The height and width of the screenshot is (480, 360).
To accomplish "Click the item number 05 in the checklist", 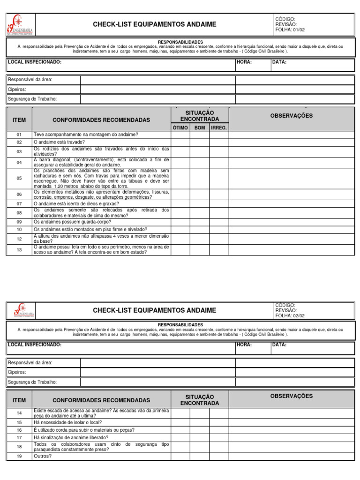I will [x=19, y=178].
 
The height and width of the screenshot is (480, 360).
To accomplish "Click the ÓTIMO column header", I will [x=180, y=127].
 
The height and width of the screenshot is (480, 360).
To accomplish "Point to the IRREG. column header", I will [x=219, y=127].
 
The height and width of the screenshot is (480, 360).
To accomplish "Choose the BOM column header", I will [x=199, y=127].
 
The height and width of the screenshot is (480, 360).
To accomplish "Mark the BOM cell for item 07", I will [x=199, y=204].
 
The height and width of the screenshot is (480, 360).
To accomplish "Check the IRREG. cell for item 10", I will [x=219, y=229].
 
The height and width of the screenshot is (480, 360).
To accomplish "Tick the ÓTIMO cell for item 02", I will [x=180, y=142].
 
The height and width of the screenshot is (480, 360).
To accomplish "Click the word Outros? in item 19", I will [x=43, y=456].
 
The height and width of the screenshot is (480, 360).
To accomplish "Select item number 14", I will [x=19, y=413].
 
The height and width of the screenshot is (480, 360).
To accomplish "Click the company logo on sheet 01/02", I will [x=20, y=25].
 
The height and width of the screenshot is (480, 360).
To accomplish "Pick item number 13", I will [x=19, y=250].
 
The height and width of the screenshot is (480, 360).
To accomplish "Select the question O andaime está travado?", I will [x=59, y=142].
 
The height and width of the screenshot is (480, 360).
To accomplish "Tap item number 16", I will [x=19, y=430].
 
